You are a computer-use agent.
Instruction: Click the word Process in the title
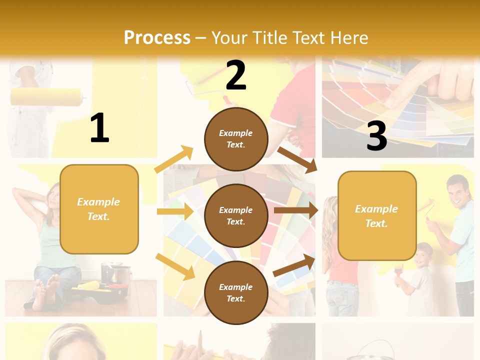(x=157, y=37)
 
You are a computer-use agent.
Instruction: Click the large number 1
(x=99, y=128)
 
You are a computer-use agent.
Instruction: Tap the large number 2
(x=236, y=75)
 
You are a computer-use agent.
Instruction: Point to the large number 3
(x=376, y=136)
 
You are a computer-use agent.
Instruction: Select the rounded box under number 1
(x=99, y=209)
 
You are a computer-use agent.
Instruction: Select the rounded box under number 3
(x=376, y=215)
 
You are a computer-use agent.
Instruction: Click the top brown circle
(x=236, y=139)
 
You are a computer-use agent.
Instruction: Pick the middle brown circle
(x=236, y=215)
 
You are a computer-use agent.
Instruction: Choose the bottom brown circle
(x=236, y=292)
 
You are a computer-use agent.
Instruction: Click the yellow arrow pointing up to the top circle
(x=174, y=159)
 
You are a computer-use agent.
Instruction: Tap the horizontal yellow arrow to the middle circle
(x=174, y=211)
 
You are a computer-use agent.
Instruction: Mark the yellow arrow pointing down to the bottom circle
(x=175, y=266)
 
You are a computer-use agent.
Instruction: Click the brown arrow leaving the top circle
(x=297, y=159)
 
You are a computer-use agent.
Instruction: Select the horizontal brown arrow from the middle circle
(x=295, y=210)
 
